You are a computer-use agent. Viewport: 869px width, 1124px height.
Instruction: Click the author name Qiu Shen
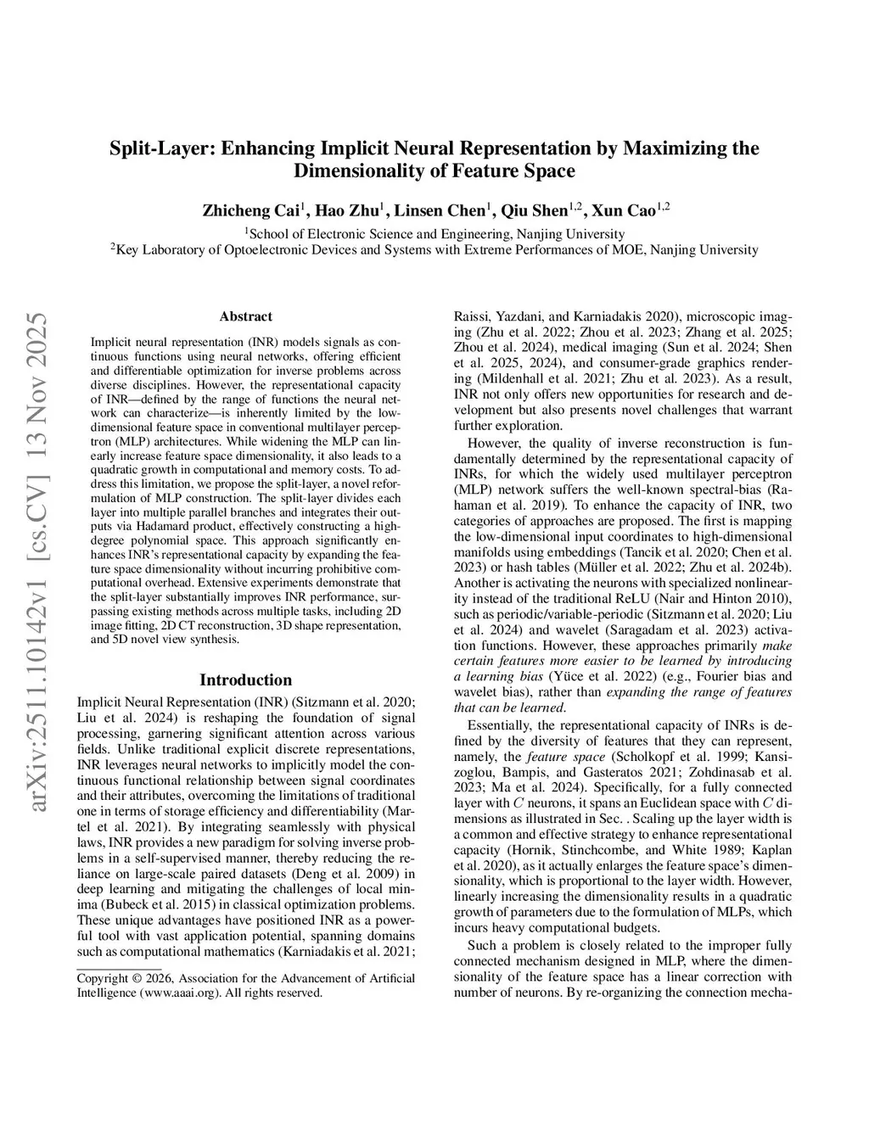click(x=533, y=210)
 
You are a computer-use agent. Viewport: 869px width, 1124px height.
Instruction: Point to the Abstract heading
click(x=245, y=316)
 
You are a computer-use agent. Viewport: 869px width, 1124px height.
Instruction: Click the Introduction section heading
click(x=245, y=680)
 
